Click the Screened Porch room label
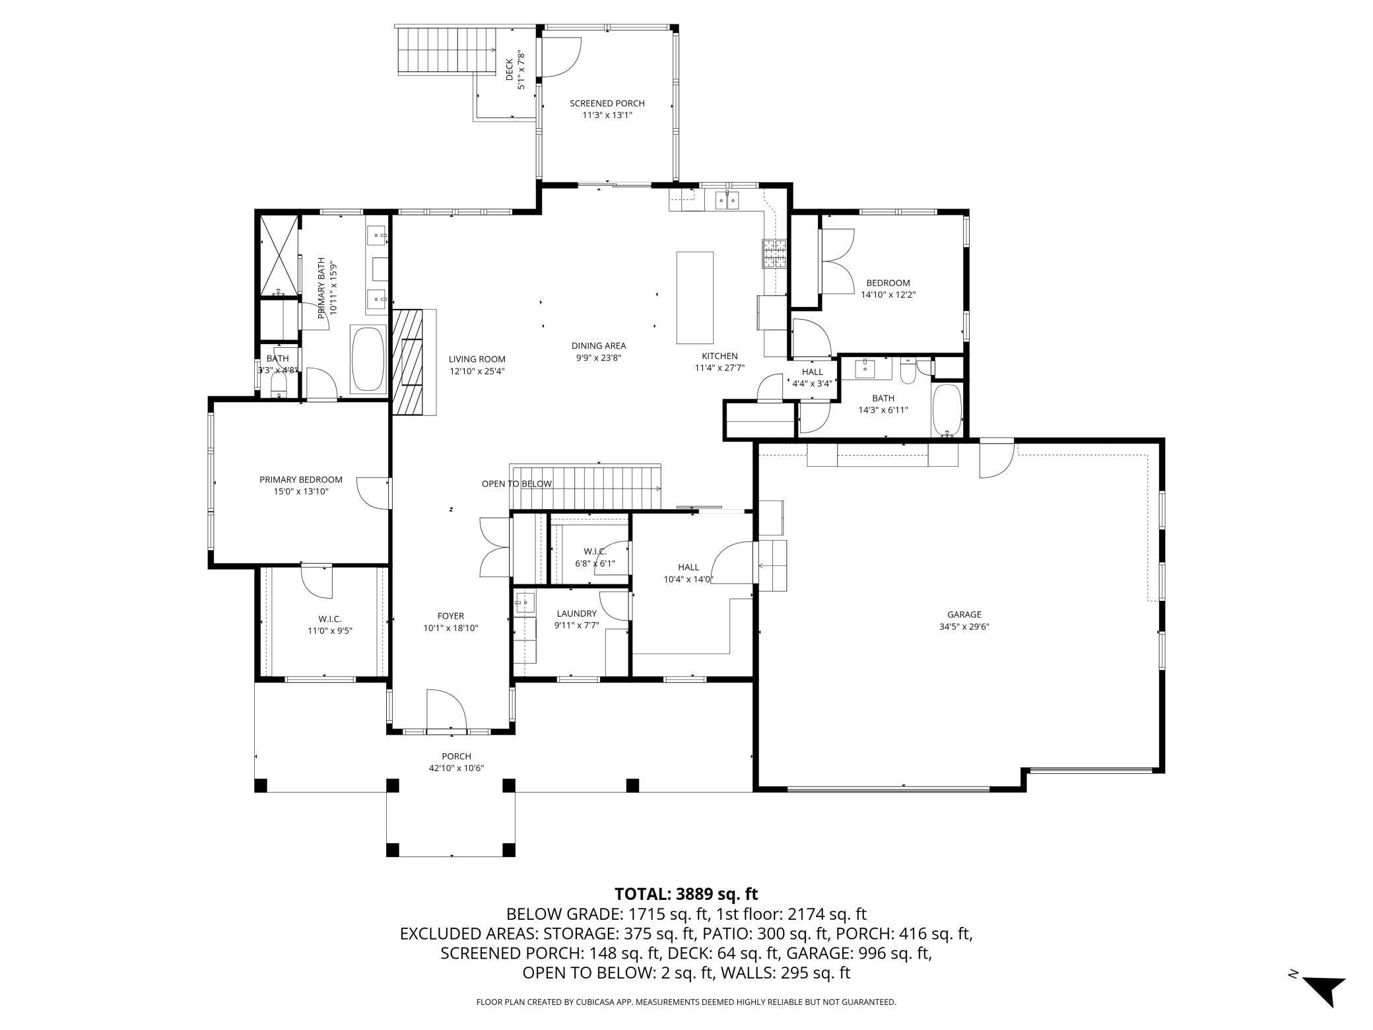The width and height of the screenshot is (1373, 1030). (607, 103)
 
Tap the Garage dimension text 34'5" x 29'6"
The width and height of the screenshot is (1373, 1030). (964, 627)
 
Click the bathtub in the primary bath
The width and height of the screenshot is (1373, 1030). (368, 359)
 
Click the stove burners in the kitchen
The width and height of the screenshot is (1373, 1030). (775, 254)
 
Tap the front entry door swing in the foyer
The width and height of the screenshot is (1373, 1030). (447, 709)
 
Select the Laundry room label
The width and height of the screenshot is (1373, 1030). (576, 613)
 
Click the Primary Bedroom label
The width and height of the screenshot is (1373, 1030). (301, 479)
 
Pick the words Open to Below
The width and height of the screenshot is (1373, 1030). (516, 484)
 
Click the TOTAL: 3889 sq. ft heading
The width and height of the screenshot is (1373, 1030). (686, 894)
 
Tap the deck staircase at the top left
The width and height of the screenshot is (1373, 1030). (446, 50)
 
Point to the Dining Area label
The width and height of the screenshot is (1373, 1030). (599, 345)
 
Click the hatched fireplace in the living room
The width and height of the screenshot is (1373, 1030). (415, 362)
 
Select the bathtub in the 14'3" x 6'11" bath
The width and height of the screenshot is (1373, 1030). (947, 410)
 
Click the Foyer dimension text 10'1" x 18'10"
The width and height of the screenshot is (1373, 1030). (451, 628)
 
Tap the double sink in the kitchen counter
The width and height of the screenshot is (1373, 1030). (726, 199)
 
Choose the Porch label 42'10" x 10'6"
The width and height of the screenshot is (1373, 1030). (457, 762)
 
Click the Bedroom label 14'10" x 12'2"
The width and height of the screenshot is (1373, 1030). (888, 289)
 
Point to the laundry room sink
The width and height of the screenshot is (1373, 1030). (525, 601)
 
